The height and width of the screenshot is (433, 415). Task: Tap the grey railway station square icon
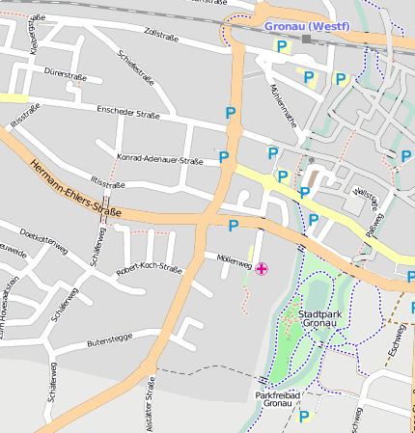(x=307, y=40)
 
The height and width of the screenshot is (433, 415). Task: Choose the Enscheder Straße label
(x=127, y=114)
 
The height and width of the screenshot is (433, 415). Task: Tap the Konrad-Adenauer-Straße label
(x=159, y=160)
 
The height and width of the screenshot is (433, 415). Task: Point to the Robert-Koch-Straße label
(x=149, y=269)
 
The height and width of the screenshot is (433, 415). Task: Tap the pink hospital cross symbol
(x=263, y=267)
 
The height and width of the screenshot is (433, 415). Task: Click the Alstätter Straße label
(x=151, y=400)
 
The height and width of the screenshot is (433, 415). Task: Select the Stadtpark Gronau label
(x=320, y=320)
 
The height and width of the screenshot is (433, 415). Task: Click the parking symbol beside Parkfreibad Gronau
(x=304, y=417)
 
